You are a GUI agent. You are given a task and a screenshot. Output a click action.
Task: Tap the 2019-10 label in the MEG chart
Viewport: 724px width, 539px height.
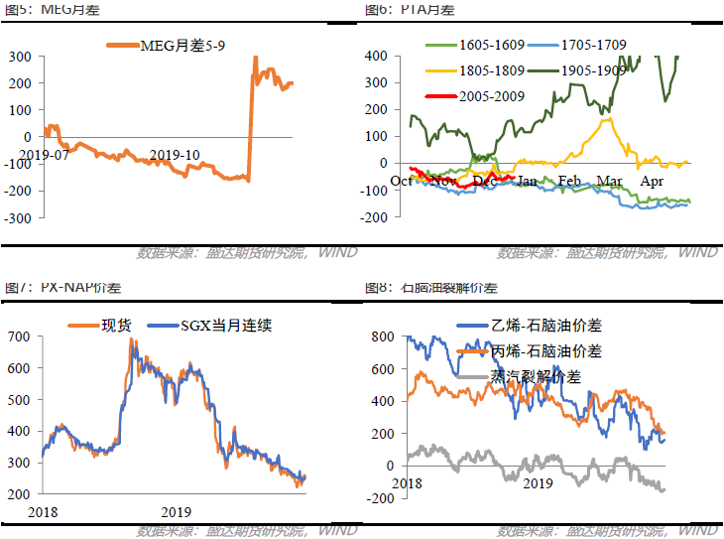(175, 155)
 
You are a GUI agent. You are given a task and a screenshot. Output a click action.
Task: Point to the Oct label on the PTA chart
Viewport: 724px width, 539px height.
(402, 181)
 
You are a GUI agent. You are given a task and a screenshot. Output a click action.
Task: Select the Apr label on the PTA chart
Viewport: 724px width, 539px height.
(652, 181)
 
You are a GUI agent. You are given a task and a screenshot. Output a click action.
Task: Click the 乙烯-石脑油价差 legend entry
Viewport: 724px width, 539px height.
(546, 326)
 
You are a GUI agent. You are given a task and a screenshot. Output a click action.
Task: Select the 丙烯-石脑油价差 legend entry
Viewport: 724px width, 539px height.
(546, 351)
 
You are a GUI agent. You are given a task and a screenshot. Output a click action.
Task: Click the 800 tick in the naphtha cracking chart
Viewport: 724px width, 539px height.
(383, 337)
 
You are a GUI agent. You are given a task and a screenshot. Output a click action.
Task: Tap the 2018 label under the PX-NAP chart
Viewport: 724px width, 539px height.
(44, 512)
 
